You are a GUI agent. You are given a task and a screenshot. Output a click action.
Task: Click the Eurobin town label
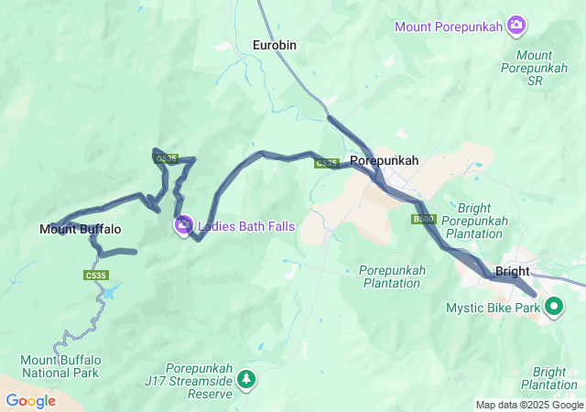[x=275, y=44]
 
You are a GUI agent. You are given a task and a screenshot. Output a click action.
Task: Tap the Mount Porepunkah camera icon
[x=516, y=25]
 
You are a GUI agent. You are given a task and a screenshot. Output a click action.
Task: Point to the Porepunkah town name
[x=384, y=160]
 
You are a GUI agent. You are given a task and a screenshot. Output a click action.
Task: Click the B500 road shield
[x=424, y=220]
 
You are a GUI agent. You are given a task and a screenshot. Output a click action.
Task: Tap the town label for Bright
[x=512, y=271]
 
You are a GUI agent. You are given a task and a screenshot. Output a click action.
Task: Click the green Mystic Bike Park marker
[x=554, y=307]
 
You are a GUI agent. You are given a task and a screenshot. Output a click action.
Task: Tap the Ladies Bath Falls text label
[x=246, y=225]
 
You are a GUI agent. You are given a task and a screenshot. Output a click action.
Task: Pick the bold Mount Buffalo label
[x=80, y=229]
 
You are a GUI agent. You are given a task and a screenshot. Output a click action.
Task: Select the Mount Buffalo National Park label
[x=62, y=366]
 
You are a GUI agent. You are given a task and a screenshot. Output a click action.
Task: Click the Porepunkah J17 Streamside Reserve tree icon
[x=246, y=377]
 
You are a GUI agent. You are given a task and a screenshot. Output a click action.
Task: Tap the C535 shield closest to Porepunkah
[x=327, y=163]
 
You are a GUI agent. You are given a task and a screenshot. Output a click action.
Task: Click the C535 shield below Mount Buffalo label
[x=96, y=275]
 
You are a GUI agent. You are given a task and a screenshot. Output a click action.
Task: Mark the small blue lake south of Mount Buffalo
[x=110, y=291]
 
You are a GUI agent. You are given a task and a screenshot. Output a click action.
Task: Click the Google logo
[x=30, y=401]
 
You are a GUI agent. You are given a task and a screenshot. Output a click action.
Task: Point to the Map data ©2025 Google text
[x=528, y=405]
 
